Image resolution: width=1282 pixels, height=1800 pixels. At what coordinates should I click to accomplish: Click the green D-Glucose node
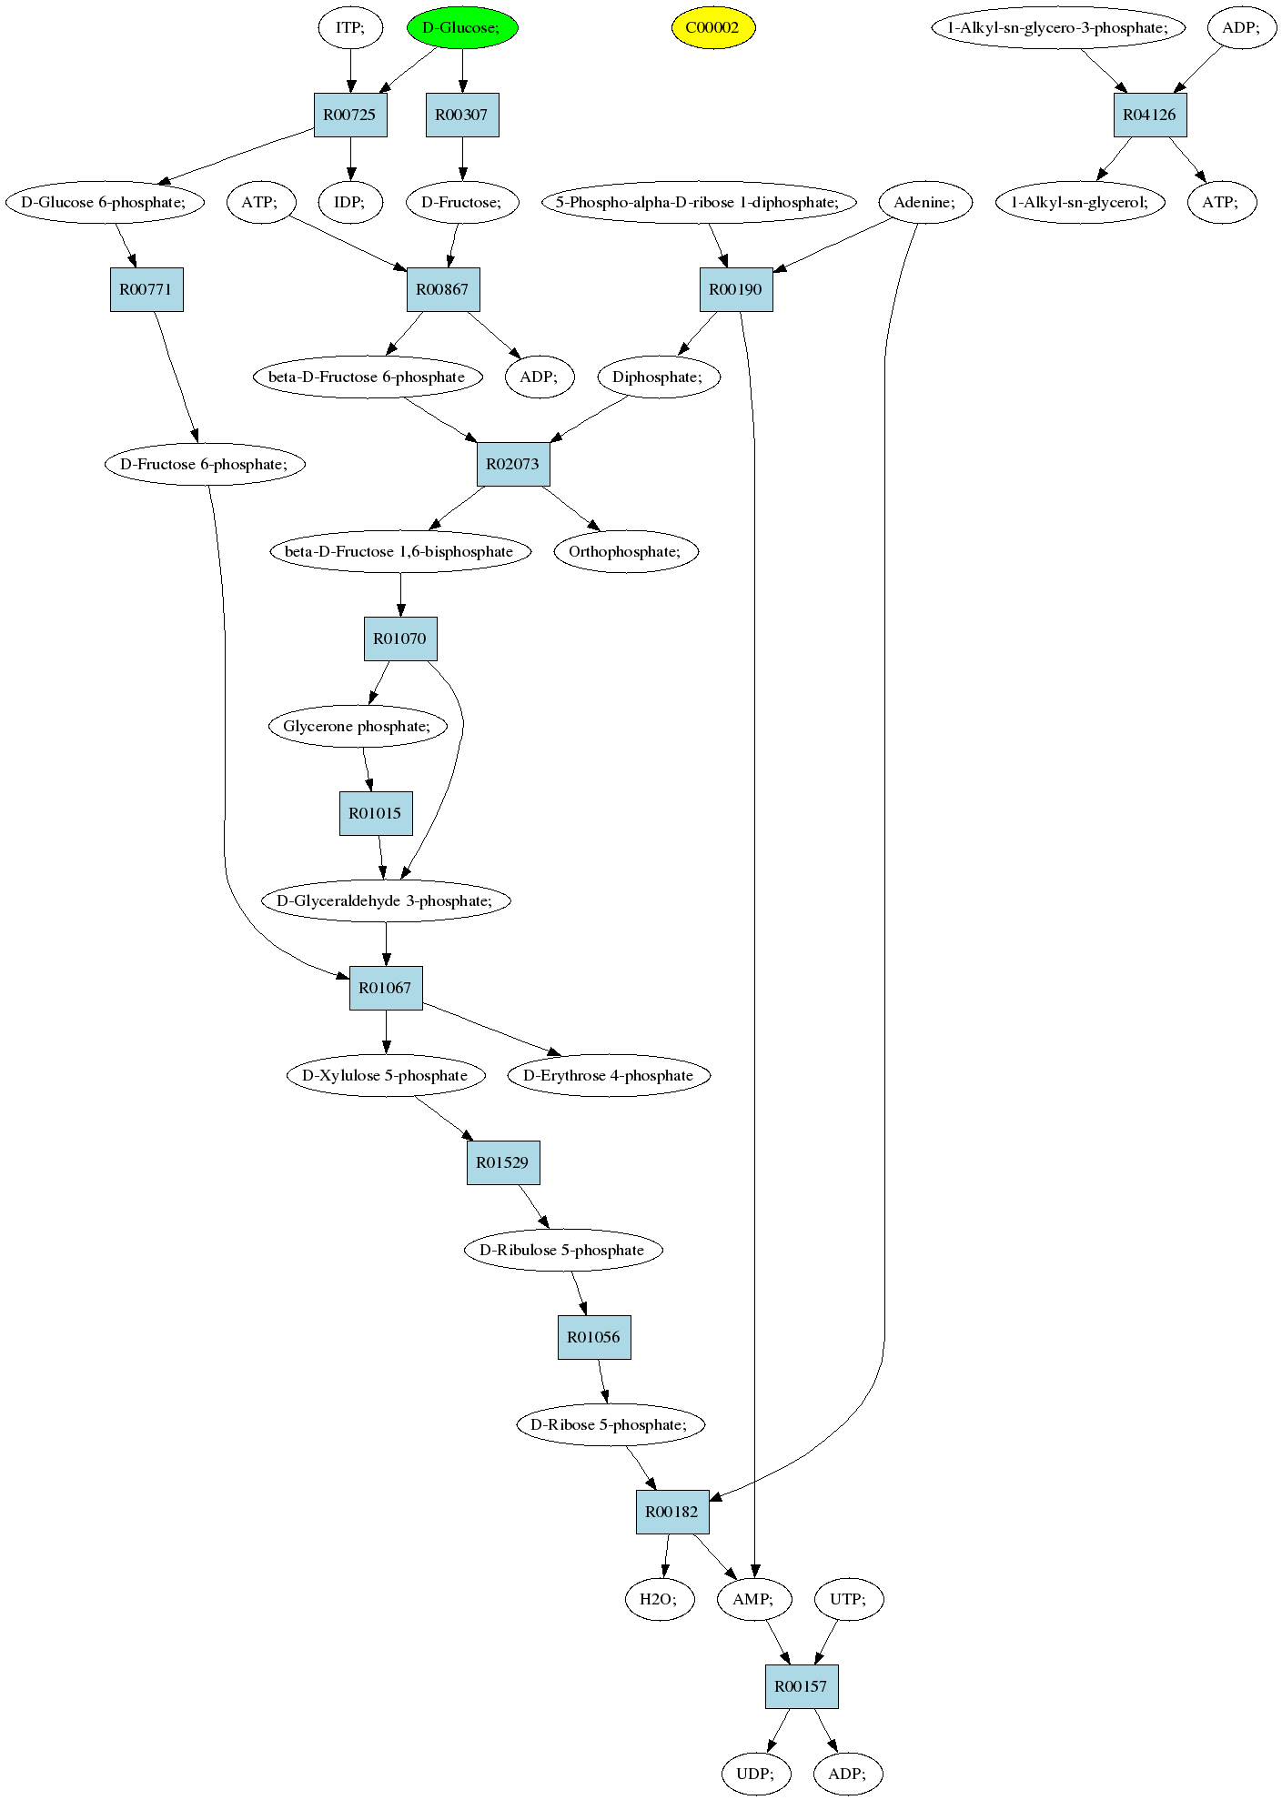462,27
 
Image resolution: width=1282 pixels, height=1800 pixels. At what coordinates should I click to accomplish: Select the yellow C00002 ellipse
713,27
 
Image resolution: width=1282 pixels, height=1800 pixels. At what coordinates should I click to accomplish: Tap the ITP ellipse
350,27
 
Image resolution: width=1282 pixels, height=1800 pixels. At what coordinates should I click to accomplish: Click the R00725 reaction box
350,115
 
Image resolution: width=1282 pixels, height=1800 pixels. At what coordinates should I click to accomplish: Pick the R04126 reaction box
1150,115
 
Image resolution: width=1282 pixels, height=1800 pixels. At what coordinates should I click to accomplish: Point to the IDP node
350,202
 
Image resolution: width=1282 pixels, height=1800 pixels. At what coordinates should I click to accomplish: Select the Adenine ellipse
925,202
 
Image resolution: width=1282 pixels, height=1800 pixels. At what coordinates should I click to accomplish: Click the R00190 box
736,289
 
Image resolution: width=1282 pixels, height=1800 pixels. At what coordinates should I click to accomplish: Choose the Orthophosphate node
626,551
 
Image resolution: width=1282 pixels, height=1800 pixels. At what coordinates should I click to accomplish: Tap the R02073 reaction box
513,464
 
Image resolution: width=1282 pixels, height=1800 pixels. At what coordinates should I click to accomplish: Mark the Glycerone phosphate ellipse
358,726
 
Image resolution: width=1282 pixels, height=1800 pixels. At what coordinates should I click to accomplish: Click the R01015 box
376,813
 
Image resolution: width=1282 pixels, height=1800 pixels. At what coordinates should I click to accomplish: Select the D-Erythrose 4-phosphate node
609,1075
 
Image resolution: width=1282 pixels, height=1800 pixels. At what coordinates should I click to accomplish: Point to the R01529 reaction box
503,1162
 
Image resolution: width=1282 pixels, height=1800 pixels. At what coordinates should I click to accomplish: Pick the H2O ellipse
660,1599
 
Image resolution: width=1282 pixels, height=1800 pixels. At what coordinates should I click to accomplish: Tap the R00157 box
802,1686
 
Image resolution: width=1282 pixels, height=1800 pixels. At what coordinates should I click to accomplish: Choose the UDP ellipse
756,1774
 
